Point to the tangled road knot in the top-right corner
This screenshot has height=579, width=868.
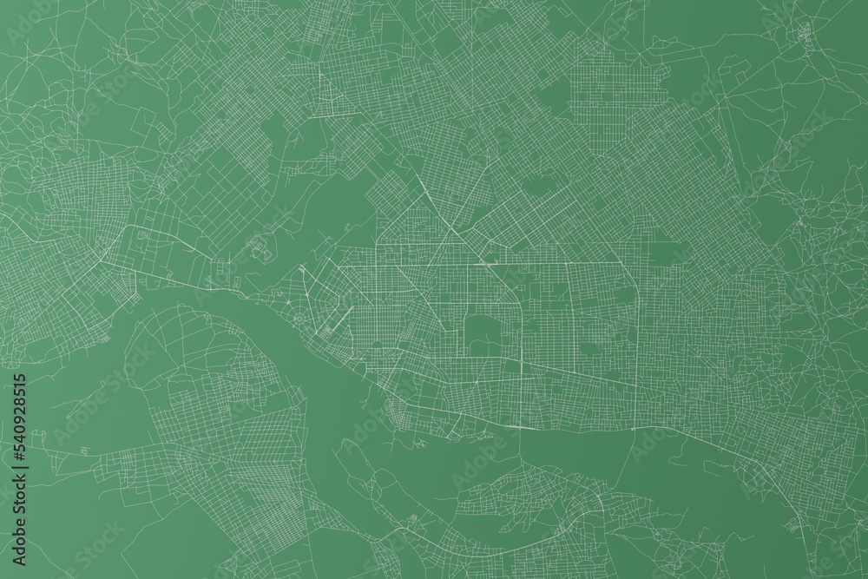click(x=803, y=35)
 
